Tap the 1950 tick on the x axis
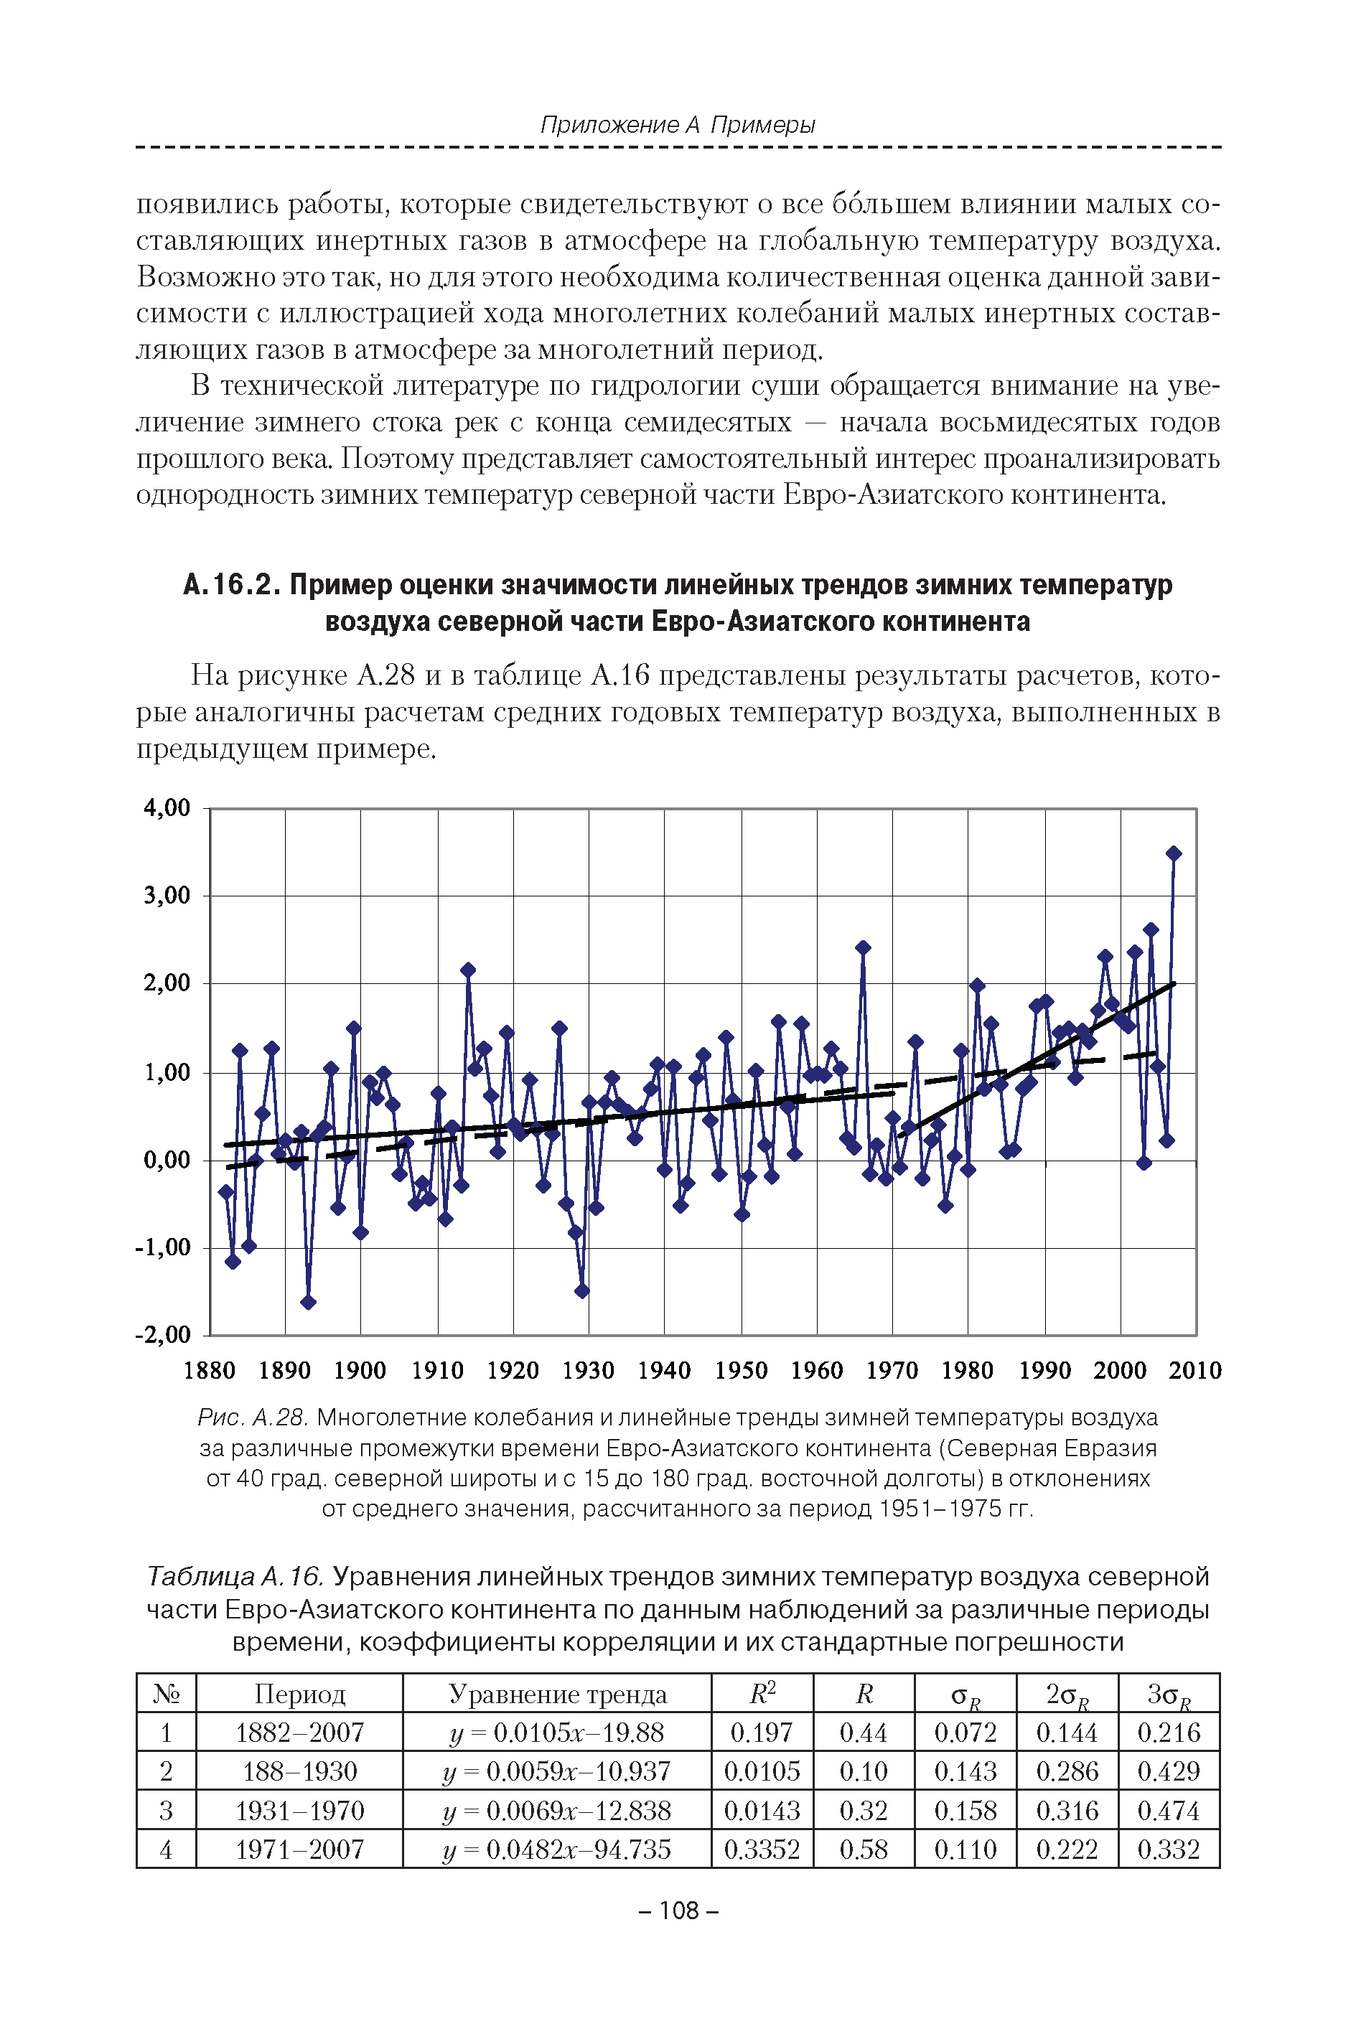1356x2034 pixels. point(741,1370)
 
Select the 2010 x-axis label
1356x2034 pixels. point(1194,1370)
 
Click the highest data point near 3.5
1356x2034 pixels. point(1174,853)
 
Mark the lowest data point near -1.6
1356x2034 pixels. point(308,1302)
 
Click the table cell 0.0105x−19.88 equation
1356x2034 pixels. point(556,1733)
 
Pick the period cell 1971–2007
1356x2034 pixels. point(299,1849)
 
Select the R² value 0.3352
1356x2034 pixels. point(761,1849)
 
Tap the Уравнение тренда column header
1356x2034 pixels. point(557,1695)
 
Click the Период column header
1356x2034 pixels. point(299,1695)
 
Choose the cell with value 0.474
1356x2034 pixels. point(1169,1810)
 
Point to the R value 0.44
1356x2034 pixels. point(863,1733)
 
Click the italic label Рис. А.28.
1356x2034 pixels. point(253,1417)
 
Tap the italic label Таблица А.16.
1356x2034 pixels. point(235,1577)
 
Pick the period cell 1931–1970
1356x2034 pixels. point(299,1810)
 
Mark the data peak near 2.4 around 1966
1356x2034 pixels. point(862,947)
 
